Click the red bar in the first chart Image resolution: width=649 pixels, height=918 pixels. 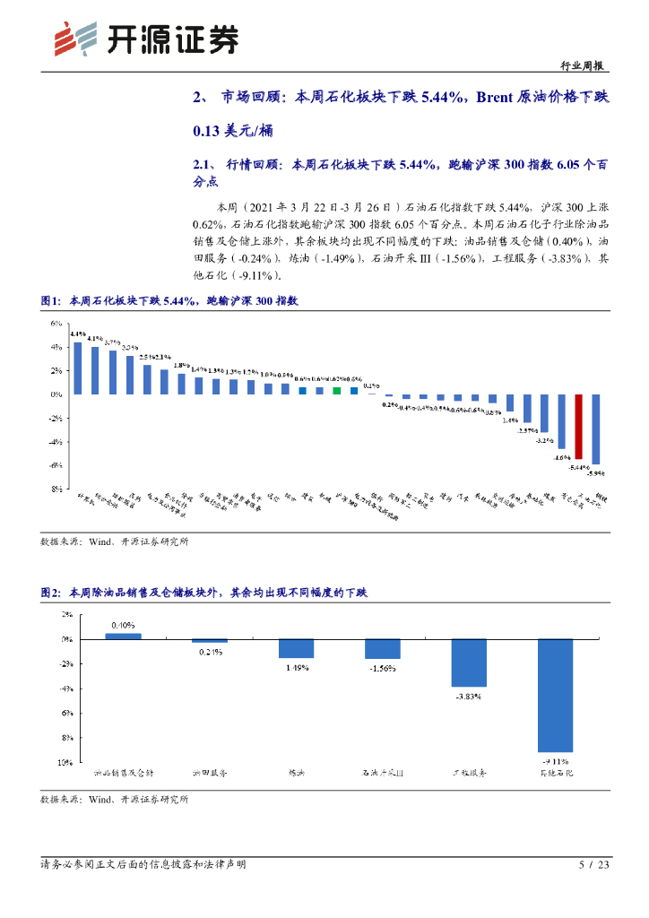pyautogui.click(x=579, y=427)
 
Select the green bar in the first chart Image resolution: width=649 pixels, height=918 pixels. pyautogui.click(x=336, y=391)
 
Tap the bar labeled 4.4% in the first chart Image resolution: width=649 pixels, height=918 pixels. pyautogui.click(x=78, y=368)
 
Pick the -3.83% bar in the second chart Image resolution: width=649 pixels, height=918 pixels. pyautogui.click(x=469, y=663)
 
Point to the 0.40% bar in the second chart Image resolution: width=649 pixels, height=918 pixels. pyautogui.click(x=123, y=636)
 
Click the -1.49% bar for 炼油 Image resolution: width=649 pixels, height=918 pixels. pyautogui.click(x=296, y=648)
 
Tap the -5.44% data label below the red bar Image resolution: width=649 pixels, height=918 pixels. pyautogui.click(x=578, y=467)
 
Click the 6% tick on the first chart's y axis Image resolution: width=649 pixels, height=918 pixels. pyautogui.click(x=56, y=323)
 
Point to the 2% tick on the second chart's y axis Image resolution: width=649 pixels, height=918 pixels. pyautogui.click(x=66, y=615)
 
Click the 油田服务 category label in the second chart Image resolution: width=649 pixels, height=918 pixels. pyautogui.click(x=209, y=772)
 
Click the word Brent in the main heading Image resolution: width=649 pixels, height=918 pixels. pyautogui.click(x=507, y=97)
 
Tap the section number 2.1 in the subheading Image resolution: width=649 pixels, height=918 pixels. pyautogui.click(x=202, y=164)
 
